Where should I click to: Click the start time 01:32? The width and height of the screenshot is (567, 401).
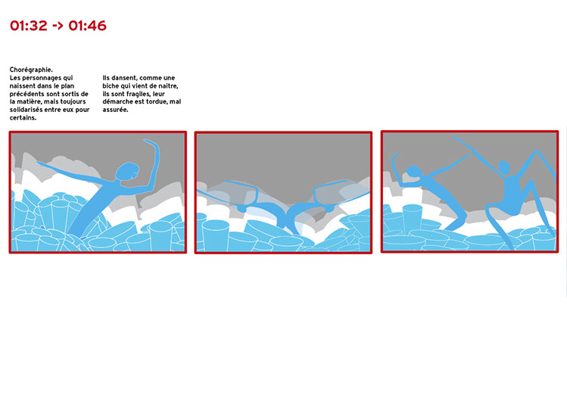point(29,26)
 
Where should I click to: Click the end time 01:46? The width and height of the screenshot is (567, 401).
point(88,26)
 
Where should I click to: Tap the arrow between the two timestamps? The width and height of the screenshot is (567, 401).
point(58,26)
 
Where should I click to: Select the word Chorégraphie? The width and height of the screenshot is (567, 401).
point(31,70)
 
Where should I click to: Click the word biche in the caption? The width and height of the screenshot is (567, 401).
point(111,86)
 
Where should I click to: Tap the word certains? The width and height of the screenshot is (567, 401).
point(23,118)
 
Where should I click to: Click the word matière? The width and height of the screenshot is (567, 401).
point(29,102)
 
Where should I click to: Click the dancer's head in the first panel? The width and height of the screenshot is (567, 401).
point(127,172)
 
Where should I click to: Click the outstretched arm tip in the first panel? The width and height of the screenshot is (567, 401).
point(39,163)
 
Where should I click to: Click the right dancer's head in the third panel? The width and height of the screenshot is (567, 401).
point(504,167)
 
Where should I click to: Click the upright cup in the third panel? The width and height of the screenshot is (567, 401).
point(413,218)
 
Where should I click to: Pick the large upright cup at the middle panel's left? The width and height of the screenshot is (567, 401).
point(216,235)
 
